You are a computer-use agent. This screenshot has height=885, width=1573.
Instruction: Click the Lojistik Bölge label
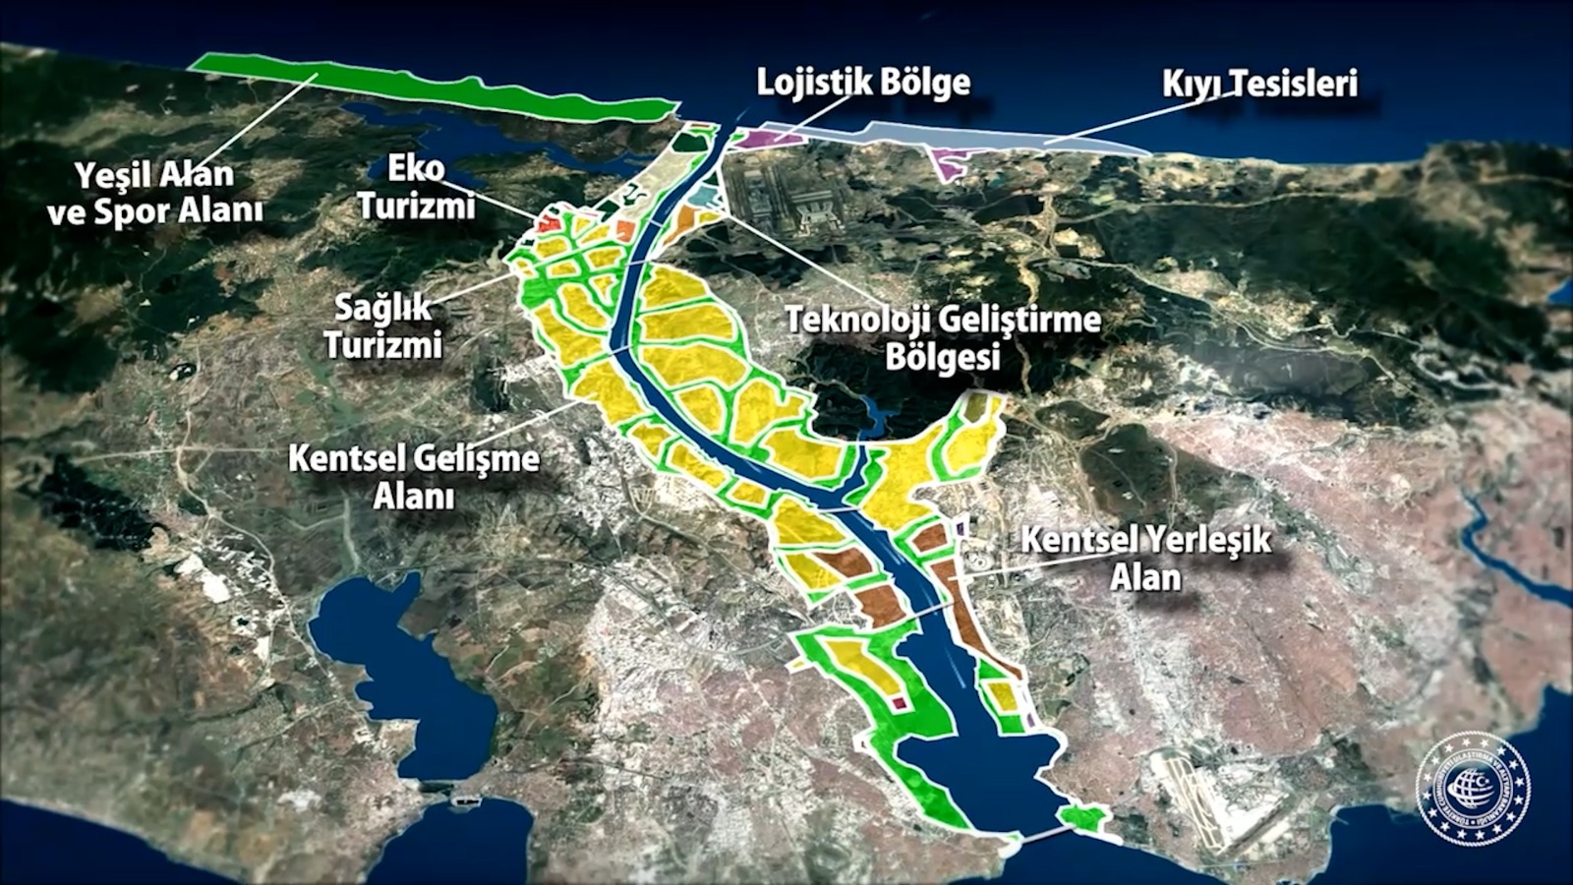(863, 83)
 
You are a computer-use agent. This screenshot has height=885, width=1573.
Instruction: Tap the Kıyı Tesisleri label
(1259, 84)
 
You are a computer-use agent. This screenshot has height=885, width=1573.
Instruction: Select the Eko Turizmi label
(417, 187)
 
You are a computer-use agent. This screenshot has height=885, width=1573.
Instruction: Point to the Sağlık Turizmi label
(383, 326)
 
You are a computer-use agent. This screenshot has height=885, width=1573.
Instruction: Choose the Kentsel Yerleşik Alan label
(1145, 558)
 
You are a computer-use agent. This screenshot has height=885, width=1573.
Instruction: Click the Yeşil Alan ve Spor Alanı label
(155, 193)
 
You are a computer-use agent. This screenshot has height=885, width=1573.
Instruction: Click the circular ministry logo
(1472, 789)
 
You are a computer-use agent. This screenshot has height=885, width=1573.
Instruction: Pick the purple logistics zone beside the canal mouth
(772, 139)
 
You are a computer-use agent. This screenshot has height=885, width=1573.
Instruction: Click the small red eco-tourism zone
(549, 223)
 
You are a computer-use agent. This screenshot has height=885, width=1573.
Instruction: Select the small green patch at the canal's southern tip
(1081, 816)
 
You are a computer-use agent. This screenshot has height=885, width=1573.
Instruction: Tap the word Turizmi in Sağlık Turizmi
(383, 345)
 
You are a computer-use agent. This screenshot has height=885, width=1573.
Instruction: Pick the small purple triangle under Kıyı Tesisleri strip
(949, 163)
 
